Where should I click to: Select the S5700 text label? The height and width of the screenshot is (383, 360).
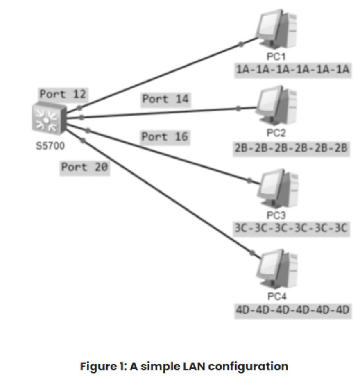point(50,147)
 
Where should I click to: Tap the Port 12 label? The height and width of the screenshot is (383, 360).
point(63,94)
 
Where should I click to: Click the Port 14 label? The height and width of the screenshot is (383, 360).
point(166,100)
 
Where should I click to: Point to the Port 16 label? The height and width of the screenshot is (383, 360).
point(165,137)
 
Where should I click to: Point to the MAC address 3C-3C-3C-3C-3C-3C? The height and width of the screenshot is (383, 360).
point(291,229)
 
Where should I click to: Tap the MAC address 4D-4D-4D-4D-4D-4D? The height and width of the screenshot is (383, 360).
point(292,310)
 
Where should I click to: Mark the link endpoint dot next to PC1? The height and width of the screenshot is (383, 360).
point(241,44)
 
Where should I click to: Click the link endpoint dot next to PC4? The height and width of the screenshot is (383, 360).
point(252,253)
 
